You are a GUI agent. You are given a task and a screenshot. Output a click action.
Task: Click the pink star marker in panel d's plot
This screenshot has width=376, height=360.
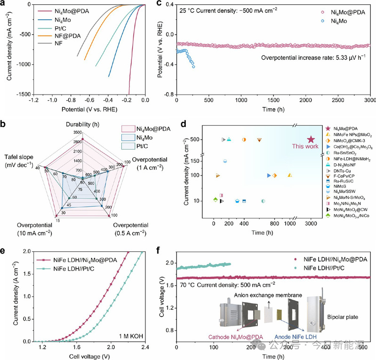(x=311, y=140)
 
